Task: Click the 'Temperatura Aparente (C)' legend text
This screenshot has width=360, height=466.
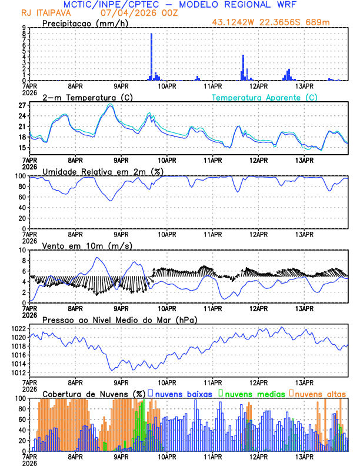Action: click(264, 97)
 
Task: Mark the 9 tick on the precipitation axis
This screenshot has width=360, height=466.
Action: click(24, 28)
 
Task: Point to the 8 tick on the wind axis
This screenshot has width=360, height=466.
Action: click(24, 261)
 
